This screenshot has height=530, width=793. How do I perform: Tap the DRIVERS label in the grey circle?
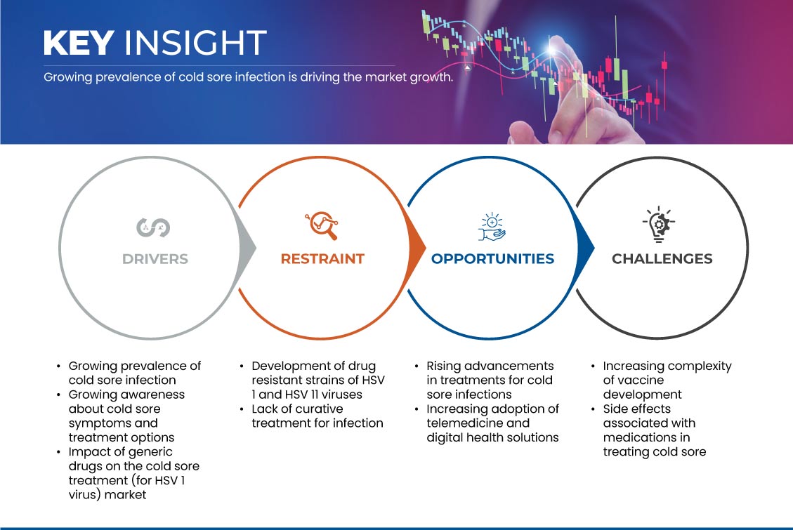(155, 259)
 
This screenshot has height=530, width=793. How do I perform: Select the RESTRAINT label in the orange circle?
(322, 259)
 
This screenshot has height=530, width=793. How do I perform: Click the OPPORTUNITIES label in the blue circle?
(492, 259)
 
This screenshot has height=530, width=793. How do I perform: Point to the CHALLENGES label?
(662, 259)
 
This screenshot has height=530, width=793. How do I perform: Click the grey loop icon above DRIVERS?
(153, 227)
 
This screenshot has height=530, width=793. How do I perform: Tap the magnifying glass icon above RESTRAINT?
(322, 225)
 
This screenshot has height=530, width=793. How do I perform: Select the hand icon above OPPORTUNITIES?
(492, 227)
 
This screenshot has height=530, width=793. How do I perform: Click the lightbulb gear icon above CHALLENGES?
(659, 224)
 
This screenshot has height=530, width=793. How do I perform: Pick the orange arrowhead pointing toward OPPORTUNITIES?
(417, 248)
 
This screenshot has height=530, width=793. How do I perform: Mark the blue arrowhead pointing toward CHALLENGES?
(585, 248)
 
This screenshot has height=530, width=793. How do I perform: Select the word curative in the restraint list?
(318, 409)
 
